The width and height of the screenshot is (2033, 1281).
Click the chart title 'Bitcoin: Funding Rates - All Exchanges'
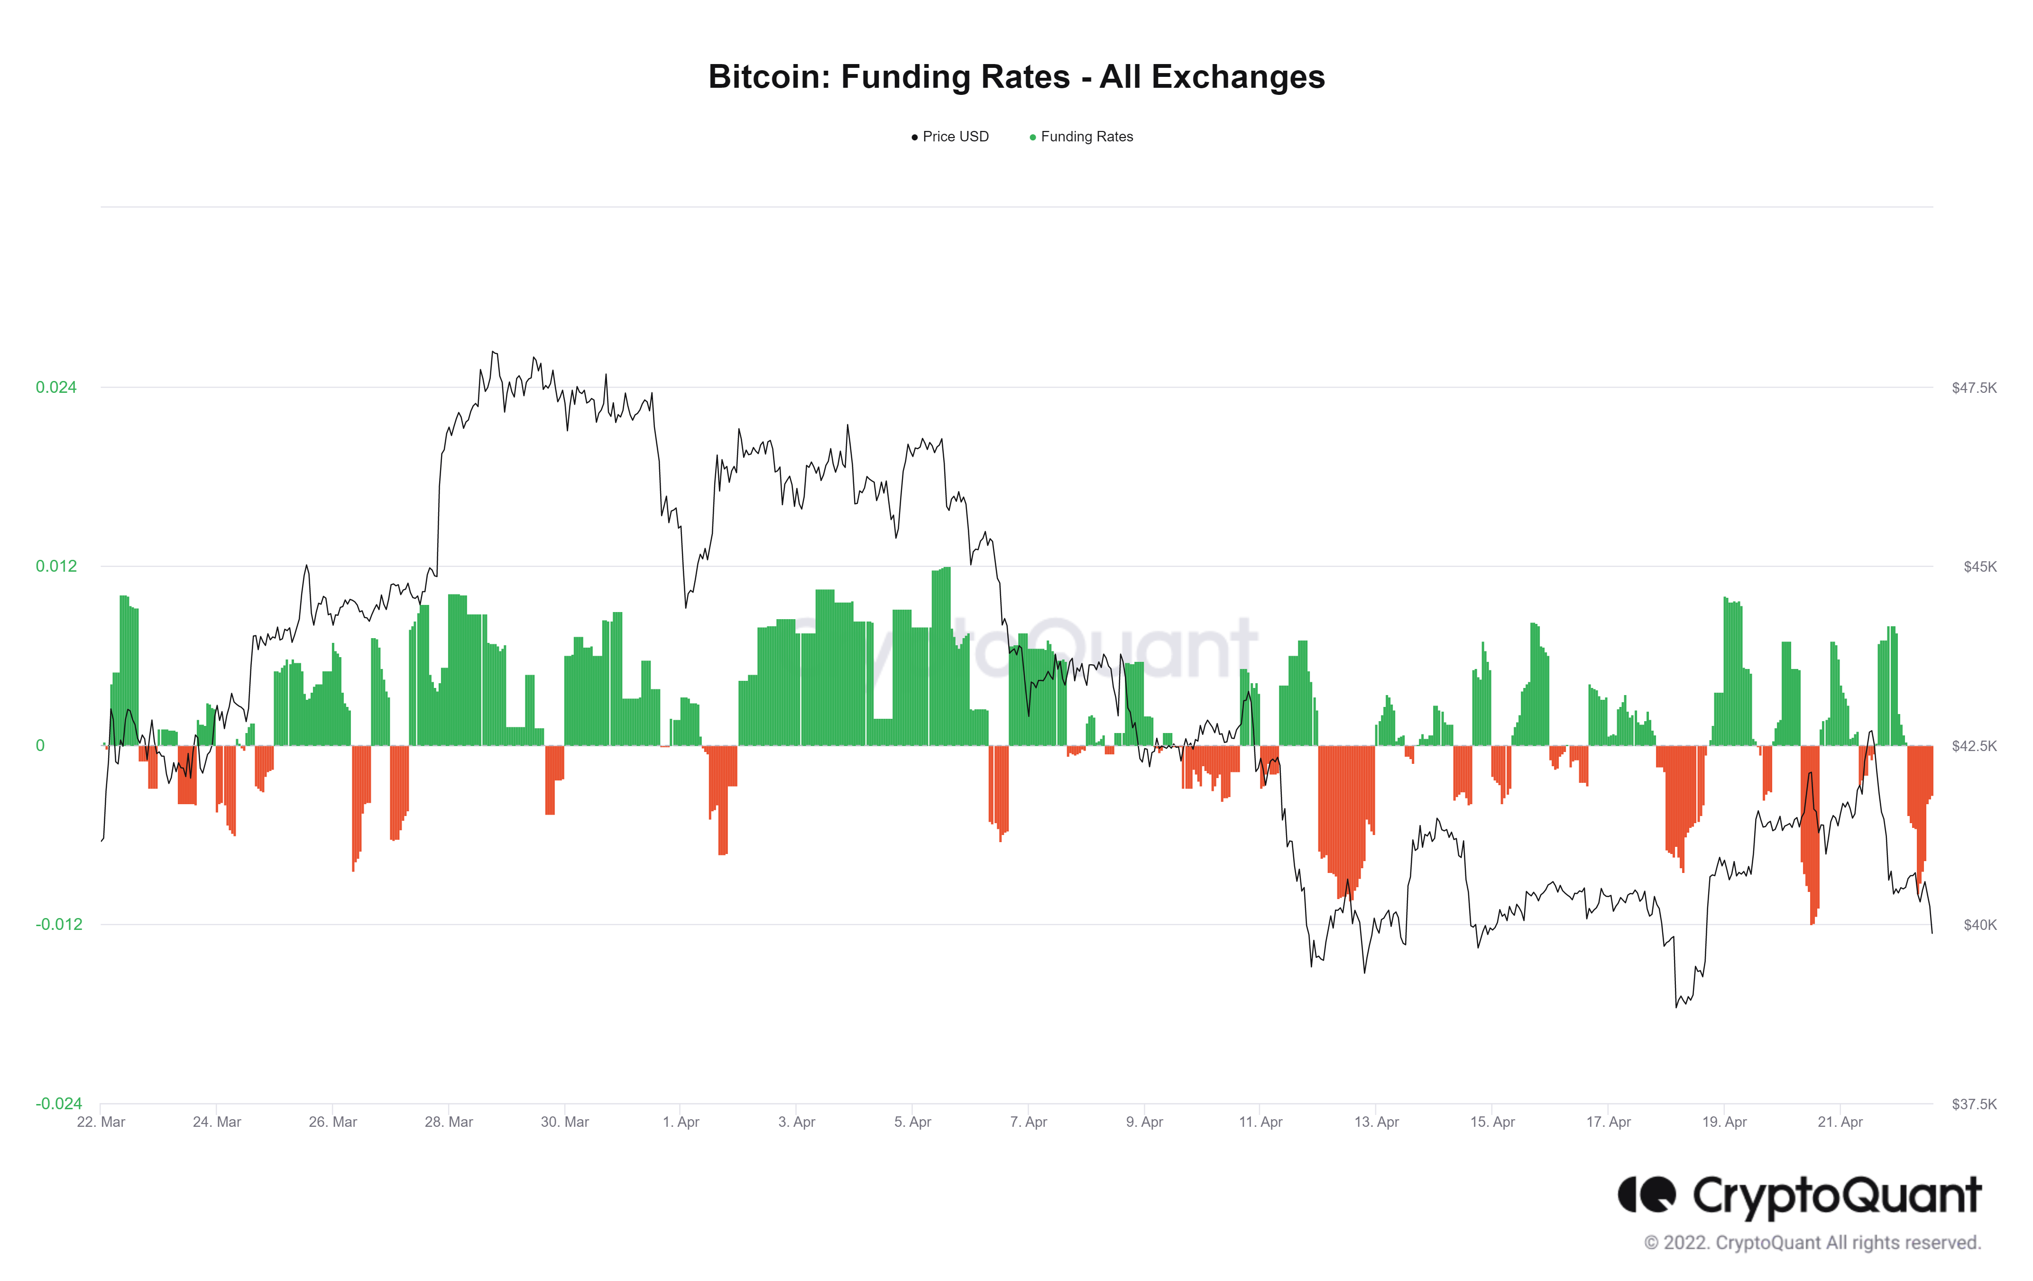point(1016,77)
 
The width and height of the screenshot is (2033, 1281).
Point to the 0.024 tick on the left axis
point(56,388)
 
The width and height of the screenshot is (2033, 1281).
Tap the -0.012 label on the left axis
point(58,925)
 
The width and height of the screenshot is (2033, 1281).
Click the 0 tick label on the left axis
point(40,746)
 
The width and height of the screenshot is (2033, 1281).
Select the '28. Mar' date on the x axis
point(448,1122)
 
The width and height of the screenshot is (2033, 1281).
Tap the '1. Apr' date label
point(681,1122)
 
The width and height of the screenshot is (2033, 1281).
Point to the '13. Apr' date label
point(1376,1122)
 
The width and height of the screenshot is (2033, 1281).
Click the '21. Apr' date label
point(1840,1122)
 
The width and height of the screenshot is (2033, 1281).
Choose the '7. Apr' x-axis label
point(1028,1122)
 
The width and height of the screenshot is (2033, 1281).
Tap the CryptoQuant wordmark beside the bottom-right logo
point(1836,1197)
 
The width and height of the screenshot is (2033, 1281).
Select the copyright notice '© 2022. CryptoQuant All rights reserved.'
point(1812,1243)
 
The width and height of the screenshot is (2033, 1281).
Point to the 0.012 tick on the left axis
point(56,566)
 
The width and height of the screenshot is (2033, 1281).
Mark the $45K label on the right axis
point(1979,566)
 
